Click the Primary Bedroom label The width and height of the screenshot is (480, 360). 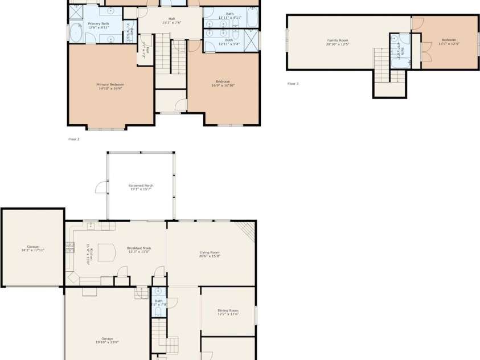tap(110, 86)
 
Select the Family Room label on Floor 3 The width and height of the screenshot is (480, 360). tap(337, 42)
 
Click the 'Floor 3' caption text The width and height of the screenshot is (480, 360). tap(293, 84)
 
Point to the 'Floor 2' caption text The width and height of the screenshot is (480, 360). tap(73, 138)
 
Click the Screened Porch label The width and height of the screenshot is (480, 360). tap(141, 187)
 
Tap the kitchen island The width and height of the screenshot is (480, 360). tap(106, 252)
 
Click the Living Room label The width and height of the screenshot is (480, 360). tap(210, 254)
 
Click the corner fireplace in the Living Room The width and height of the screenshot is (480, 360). tap(247, 230)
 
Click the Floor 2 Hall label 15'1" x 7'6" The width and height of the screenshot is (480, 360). tap(171, 21)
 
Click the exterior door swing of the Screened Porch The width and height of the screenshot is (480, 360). tap(101, 188)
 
